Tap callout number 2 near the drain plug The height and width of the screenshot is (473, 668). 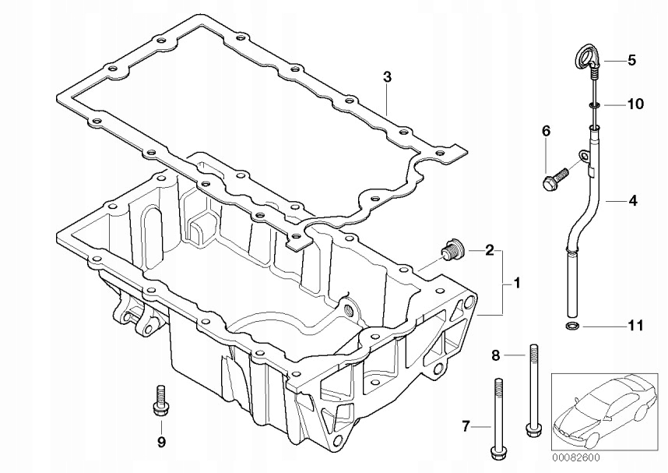[x=489, y=250]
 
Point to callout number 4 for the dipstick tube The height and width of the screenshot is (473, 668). [x=632, y=201]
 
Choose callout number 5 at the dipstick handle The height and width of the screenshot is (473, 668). [x=632, y=59]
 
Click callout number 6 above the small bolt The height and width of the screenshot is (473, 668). [x=546, y=132]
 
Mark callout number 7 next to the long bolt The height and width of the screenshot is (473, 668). [x=466, y=425]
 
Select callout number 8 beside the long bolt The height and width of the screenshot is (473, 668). [x=495, y=355]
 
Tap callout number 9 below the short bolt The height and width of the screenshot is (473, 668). [x=161, y=443]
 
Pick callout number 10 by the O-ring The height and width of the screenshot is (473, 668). [x=635, y=104]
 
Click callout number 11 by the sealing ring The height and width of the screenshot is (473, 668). [x=635, y=326]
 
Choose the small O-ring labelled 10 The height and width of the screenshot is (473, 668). [x=593, y=104]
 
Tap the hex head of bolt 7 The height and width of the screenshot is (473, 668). [x=496, y=451]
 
